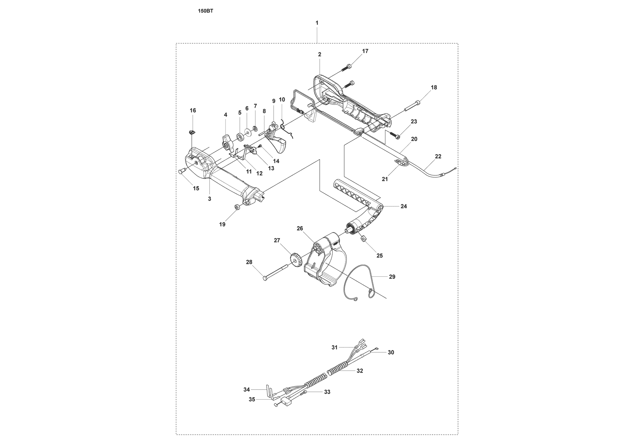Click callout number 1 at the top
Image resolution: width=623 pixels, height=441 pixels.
(317, 22)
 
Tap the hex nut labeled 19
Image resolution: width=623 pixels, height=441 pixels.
(237, 207)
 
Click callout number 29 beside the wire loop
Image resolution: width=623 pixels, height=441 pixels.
(392, 277)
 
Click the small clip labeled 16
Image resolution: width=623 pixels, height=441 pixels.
(192, 132)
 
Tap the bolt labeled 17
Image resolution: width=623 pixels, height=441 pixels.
(345, 67)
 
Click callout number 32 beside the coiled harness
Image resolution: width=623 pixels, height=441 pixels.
(360, 371)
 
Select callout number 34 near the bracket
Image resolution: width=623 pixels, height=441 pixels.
(247, 390)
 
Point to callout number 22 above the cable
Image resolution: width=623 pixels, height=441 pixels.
(438, 156)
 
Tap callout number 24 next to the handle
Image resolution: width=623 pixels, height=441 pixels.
(404, 207)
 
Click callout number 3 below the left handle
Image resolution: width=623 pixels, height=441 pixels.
(210, 199)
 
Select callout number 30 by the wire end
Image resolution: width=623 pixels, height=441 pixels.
(391, 352)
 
